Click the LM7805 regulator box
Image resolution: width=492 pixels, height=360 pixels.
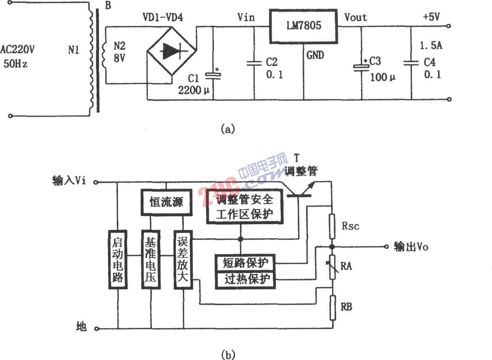coord(303,26)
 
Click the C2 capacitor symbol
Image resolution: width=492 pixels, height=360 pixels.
coord(254,63)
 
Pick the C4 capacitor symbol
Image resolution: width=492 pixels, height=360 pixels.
coord(411,63)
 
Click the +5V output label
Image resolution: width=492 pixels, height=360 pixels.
coord(431,17)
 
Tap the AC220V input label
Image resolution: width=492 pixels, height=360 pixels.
coord(17,49)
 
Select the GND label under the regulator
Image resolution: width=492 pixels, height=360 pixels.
coord(315,55)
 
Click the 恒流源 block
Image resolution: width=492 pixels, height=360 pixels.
coord(166,202)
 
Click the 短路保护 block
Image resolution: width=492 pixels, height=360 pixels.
coord(245,263)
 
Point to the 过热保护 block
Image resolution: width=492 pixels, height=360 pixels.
coord(245,279)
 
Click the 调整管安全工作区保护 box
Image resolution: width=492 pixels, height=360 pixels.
coord(245,207)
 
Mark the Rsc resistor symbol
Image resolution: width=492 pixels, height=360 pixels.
coord(332,226)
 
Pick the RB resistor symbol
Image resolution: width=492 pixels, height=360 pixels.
coord(332,307)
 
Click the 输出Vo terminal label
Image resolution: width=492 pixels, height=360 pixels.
coord(411,247)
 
